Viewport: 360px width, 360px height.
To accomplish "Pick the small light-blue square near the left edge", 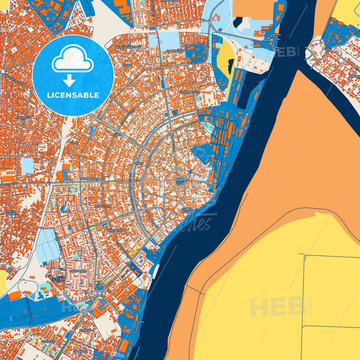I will pos(27,165).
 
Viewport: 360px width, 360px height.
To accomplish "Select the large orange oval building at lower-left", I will pos(15,315).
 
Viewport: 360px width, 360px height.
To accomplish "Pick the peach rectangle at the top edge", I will pos(253,7).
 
